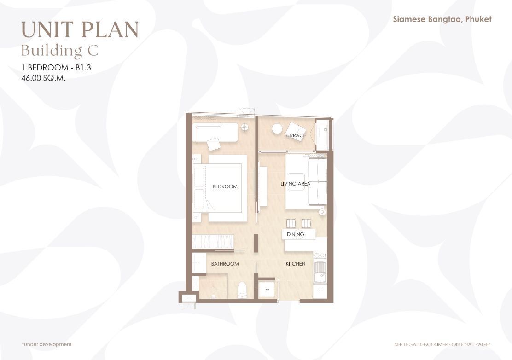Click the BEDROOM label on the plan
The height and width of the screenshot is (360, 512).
pyautogui.click(x=225, y=186)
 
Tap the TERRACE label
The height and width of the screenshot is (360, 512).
pyautogui.click(x=295, y=135)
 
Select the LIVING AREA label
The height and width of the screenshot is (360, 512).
pyautogui.click(x=296, y=184)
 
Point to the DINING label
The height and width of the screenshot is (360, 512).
pyautogui.click(x=296, y=234)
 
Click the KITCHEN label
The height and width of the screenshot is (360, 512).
pyautogui.click(x=296, y=264)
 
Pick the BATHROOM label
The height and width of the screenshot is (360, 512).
pyautogui.click(x=225, y=264)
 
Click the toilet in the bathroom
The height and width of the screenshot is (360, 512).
pyautogui.click(x=242, y=290)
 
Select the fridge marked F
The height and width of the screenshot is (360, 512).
pyautogui.click(x=320, y=290)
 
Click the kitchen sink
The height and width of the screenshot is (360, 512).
pyautogui.click(x=320, y=272)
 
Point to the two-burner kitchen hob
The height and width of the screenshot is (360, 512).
pyautogui.click(x=320, y=255)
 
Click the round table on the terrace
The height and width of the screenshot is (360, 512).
pyautogui.click(x=277, y=129)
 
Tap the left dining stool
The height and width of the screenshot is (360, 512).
pyautogui.click(x=291, y=224)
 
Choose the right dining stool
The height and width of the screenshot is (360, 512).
pyautogui.click(x=306, y=224)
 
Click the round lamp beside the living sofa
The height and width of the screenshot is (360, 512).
pyautogui.click(x=322, y=212)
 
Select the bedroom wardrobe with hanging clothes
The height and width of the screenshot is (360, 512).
pyautogui.click(x=213, y=242)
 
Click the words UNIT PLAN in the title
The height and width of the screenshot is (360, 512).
pyautogui.click(x=80, y=29)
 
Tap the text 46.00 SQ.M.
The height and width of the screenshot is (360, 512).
pyautogui.click(x=43, y=78)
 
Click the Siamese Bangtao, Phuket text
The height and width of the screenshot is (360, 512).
pyautogui.click(x=442, y=19)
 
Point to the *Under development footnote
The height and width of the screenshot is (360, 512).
pyautogui.click(x=47, y=344)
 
